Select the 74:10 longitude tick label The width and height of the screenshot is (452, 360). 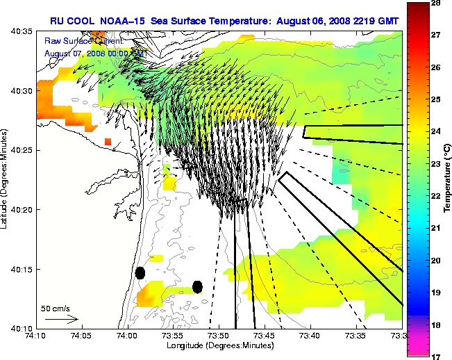pyautogui.click(x=37, y=336)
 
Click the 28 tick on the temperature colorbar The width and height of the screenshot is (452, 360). pyautogui.click(x=437, y=4)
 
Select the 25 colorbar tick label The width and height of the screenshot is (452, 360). pyautogui.click(x=437, y=100)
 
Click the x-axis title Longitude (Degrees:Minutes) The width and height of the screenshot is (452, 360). pyautogui.click(x=219, y=345)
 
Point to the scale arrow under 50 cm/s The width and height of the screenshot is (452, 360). pyautogui.click(x=61, y=319)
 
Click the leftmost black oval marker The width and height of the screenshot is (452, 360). pyautogui.click(x=140, y=272)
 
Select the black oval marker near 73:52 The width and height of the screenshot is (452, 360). pyautogui.click(x=197, y=286)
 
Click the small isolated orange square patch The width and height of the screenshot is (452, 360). pyautogui.click(x=108, y=142)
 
